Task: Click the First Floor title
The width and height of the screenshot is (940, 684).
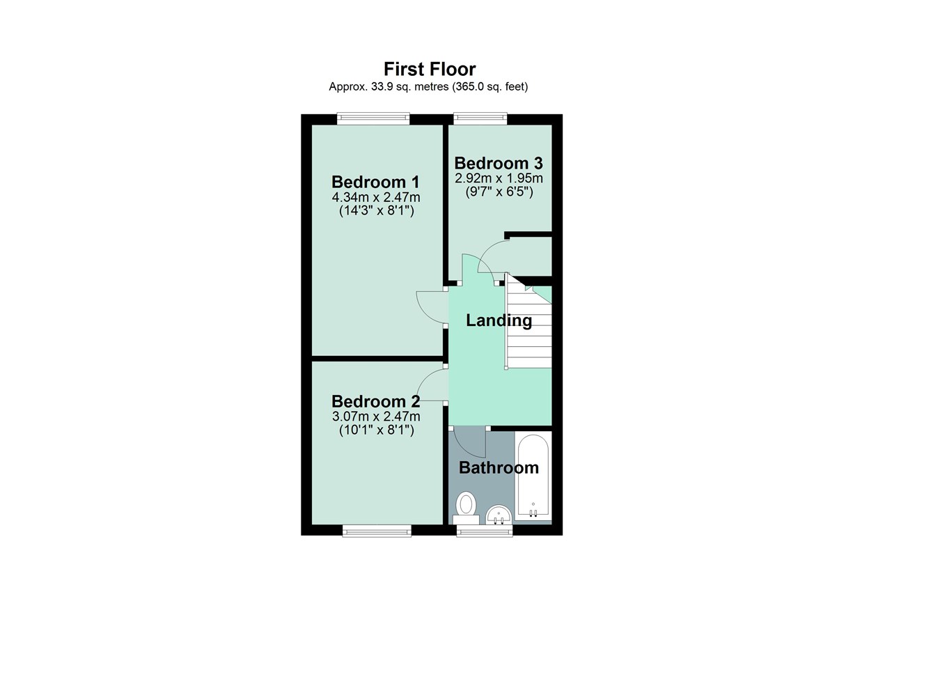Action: (430, 69)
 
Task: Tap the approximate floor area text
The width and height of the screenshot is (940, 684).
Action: (428, 87)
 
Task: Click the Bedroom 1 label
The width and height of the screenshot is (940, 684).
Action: (375, 182)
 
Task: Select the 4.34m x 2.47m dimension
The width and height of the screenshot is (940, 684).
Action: (376, 197)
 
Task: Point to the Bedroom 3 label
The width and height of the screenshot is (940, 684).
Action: (499, 163)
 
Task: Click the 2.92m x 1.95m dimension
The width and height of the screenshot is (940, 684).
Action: (499, 178)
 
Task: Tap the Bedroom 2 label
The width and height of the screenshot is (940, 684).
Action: (375, 401)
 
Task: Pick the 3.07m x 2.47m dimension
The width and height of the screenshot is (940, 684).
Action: (376, 417)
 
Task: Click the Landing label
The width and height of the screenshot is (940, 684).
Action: (499, 320)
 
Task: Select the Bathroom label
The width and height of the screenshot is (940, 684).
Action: (499, 467)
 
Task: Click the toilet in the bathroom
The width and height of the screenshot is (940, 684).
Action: (465, 507)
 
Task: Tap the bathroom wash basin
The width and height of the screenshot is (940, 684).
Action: (499, 515)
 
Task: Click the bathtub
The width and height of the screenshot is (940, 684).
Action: (533, 477)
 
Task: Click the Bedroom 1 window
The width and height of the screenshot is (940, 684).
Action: (373, 119)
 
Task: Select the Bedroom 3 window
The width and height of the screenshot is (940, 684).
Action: (480, 118)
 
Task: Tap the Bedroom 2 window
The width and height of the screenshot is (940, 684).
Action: (377, 531)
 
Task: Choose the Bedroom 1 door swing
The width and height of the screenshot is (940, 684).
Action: (430, 306)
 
